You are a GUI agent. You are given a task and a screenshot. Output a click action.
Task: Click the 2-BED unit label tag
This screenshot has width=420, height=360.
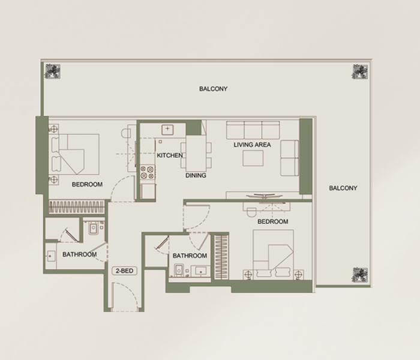(x=124, y=271)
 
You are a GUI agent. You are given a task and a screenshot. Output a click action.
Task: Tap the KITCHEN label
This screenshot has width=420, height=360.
(x=170, y=155)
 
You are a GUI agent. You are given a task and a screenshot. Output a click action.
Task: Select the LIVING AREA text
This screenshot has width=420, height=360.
(x=252, y=145)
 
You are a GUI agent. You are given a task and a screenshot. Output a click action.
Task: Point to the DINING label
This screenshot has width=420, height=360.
(x=196, y=175)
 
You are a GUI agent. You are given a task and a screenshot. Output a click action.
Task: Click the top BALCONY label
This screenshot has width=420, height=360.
(x=213, y=89)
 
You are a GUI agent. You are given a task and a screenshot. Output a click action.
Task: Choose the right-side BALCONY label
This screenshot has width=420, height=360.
(x=343, y=188)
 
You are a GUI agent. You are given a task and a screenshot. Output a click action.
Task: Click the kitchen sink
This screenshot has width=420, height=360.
(x=167, y=130)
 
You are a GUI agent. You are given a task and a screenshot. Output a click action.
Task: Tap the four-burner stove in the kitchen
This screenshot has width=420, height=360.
(x=148, y=172)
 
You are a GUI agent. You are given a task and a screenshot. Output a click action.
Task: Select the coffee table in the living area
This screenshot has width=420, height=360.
(x=253, y=158)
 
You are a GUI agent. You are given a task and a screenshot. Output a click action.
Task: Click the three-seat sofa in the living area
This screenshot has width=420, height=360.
(x=253, y=130)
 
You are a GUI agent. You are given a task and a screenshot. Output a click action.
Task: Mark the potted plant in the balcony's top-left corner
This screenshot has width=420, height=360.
(x=53, y=71)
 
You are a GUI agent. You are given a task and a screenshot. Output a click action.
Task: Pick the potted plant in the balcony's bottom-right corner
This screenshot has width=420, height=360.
(x=360, y=275)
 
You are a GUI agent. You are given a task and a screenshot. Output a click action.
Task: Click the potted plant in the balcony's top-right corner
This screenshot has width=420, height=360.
(x=360, y=71)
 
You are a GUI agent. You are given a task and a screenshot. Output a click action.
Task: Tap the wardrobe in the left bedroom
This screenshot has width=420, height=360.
(x=77, y=207)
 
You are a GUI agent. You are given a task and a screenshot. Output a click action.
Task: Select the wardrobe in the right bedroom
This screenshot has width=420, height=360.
(x=221, y=257)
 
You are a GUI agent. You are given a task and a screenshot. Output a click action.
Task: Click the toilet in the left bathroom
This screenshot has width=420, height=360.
(x=93, y=227)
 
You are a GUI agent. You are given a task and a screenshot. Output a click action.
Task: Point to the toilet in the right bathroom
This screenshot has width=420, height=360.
(x=179, y=270)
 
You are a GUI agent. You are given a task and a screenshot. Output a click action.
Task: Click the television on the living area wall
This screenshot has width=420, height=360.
(x=264, y=196)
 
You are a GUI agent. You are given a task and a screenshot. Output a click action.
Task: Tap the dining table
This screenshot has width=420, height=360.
(x=196, y=154)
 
